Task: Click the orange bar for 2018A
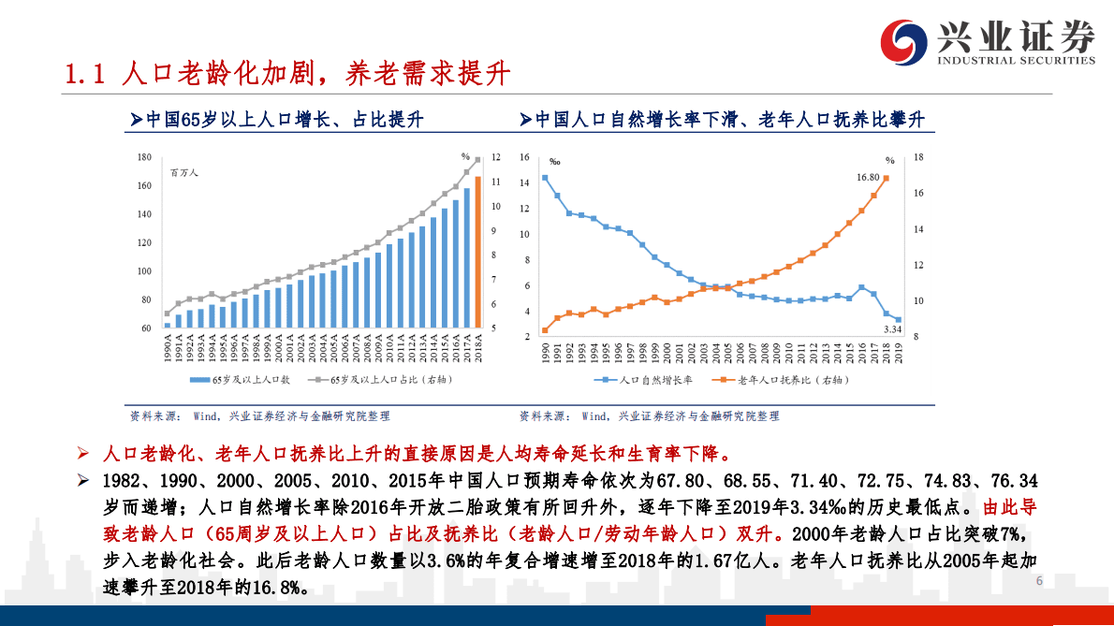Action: click(x=477, y=253)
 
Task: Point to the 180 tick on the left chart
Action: click(x=144, y=157)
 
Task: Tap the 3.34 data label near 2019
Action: click(x=892, y=329)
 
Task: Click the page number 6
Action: click(x=1039, y=581)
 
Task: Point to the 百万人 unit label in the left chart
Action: click(x=184, y=172)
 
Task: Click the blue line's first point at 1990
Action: click(x=545, y=178)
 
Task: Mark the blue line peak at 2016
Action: click(x=861, y=287)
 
